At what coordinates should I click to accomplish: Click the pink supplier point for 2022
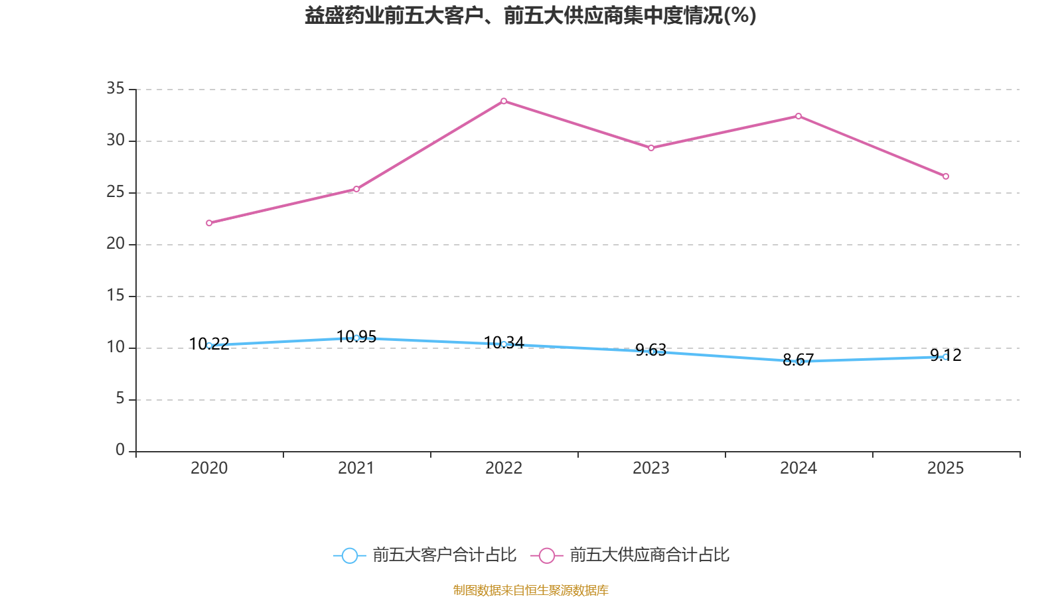point(504,101)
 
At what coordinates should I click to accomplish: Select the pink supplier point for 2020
point(209,223)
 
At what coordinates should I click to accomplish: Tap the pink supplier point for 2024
point(798,116)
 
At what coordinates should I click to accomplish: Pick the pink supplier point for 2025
point(946,176)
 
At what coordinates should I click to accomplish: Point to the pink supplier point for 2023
point(651,148)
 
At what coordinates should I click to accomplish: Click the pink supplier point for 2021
point(356,189)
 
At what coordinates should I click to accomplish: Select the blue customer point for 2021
point(356,338)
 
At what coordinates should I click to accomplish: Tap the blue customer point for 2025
point(946,357)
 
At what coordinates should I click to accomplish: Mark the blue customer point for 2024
point(798,362)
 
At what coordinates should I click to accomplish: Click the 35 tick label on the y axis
point(115,88)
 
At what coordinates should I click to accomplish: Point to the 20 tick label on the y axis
point(115,243)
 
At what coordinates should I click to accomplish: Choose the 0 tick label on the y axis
point(120,450)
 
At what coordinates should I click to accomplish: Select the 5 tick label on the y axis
point(120,399)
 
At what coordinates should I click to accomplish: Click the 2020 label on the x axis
point(209,468)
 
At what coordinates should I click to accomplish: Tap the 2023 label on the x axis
point(651,468)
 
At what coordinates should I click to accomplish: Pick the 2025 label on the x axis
point(946,468)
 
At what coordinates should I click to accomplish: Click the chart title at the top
point(530,15)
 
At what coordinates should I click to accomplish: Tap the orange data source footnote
point(530,590)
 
